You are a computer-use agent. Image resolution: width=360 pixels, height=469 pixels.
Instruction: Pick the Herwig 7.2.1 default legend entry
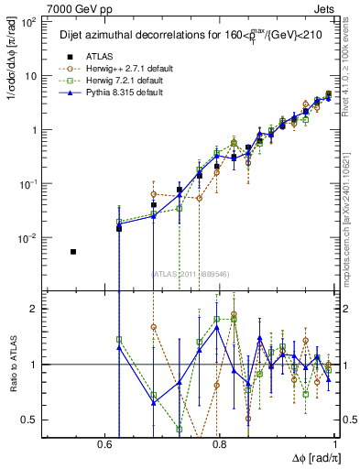[x=125, y=81]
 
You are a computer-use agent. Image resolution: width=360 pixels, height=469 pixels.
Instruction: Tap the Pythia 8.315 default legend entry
[x=125, y=93]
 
